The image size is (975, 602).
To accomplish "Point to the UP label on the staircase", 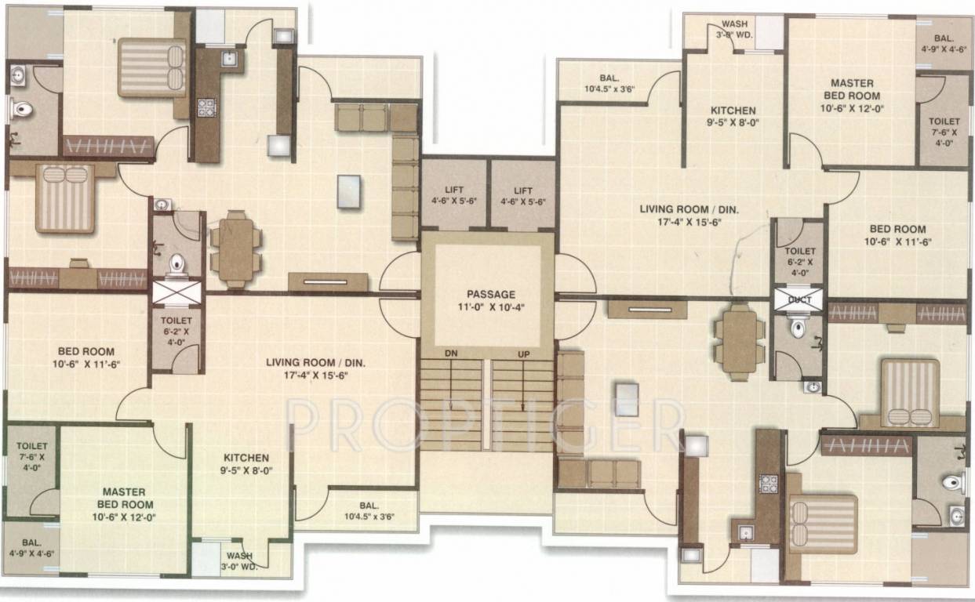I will [523, 354].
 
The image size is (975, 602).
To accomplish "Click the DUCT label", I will [799, 299].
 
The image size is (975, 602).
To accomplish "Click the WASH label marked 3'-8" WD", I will [733, 29].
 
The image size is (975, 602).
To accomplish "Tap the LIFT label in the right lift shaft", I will [523, 190].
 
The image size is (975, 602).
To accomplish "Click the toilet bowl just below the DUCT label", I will [798, 328].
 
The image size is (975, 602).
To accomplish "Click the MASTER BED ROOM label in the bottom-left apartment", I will [126, 498].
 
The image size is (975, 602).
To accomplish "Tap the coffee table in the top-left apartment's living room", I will [349, 191].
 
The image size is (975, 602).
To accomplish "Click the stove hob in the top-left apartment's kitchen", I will [206, 107].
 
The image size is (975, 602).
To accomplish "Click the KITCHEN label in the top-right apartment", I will [733, 111].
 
